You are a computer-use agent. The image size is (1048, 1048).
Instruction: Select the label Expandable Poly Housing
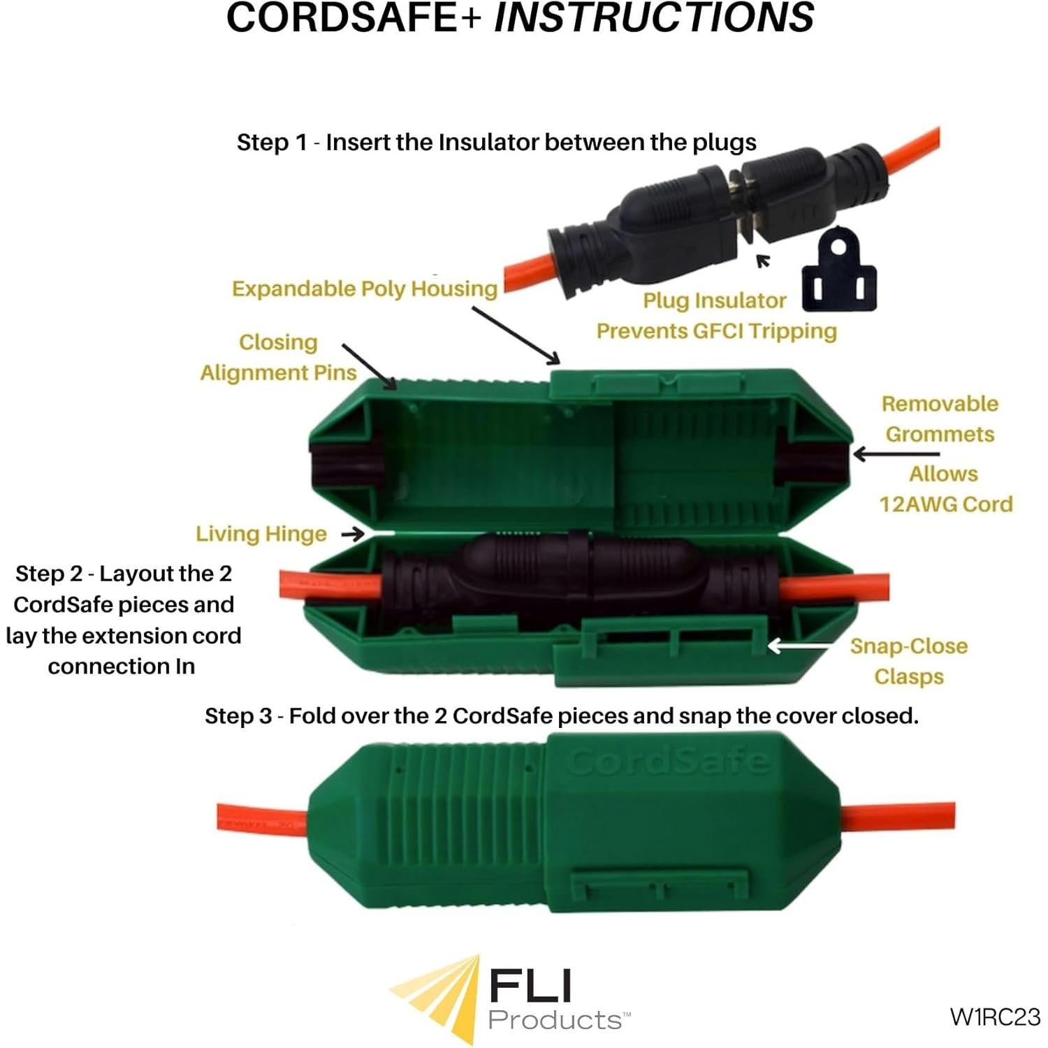click(365, 289)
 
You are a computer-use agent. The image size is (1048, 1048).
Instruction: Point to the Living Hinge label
click(261, 534)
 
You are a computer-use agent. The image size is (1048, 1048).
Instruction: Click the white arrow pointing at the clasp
click(799, 646)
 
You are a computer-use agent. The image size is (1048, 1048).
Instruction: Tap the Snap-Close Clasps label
click(909, 661)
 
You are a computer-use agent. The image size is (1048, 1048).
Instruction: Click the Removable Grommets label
click(940, 419)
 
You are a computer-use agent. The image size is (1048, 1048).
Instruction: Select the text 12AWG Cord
click(946, 504)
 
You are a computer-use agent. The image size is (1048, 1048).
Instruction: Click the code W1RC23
click(995, 1016)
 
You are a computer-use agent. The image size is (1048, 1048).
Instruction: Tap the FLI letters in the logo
click(531, 986)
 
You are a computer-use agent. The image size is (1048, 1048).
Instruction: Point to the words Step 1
click(272, 143)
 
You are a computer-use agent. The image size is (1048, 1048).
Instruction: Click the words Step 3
click(238, 716)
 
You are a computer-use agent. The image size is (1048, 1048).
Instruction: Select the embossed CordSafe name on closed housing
click(669, 761)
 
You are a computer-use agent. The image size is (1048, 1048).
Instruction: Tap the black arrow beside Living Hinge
click(353, 534)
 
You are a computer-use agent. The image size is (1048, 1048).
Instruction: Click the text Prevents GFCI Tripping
click(716, 330)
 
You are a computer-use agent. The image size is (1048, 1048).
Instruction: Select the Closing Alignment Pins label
click(278, 357)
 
